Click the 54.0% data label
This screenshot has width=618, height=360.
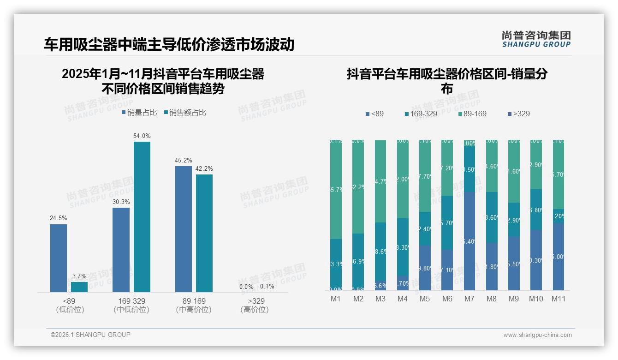(142, 136)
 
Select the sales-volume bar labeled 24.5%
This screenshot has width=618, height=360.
(59, 258)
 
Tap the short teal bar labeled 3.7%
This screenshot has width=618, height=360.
(79, 287)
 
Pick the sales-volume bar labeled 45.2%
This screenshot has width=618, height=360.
(184, 229)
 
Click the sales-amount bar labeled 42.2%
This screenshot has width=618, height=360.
(204, 233)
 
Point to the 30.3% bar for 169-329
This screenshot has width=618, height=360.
(121, 250)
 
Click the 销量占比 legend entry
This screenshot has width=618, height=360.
(139, 113)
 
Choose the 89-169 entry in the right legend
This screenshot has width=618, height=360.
(473, 114)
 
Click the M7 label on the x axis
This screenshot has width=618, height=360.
(469, 299)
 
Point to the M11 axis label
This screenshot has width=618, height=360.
(559, 299)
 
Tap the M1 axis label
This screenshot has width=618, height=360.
(335, 299)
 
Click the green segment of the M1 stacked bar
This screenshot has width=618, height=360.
(336, 189)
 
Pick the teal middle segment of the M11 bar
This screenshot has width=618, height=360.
(559, 216)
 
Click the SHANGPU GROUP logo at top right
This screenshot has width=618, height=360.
(536, 39)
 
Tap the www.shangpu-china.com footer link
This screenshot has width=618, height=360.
(537, 335)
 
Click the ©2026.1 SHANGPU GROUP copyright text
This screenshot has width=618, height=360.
(90, 335)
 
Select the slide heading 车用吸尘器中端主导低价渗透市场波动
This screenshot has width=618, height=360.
(169, 44)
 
